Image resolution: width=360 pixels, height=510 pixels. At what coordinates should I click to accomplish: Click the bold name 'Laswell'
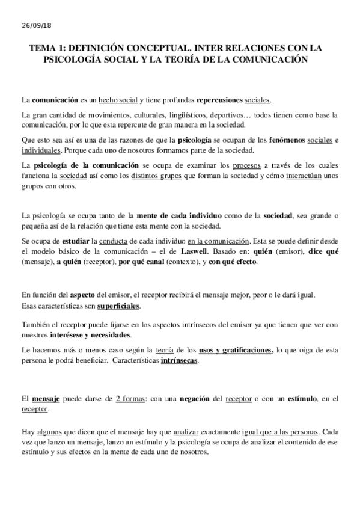(x=188, y=251)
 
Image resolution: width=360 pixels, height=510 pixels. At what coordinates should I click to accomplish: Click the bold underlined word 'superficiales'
(x=118, y=306)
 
